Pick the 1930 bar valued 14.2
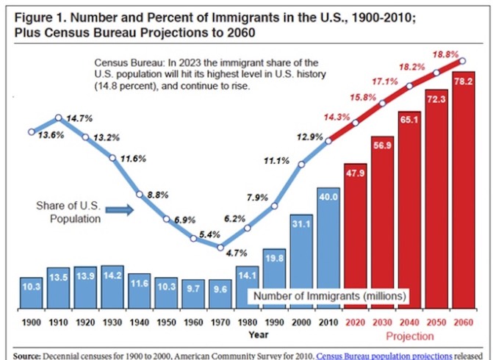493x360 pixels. [x=112, y=283]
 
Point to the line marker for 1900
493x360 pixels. [x=31, y=132]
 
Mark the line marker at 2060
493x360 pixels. [x=463, y=62]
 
